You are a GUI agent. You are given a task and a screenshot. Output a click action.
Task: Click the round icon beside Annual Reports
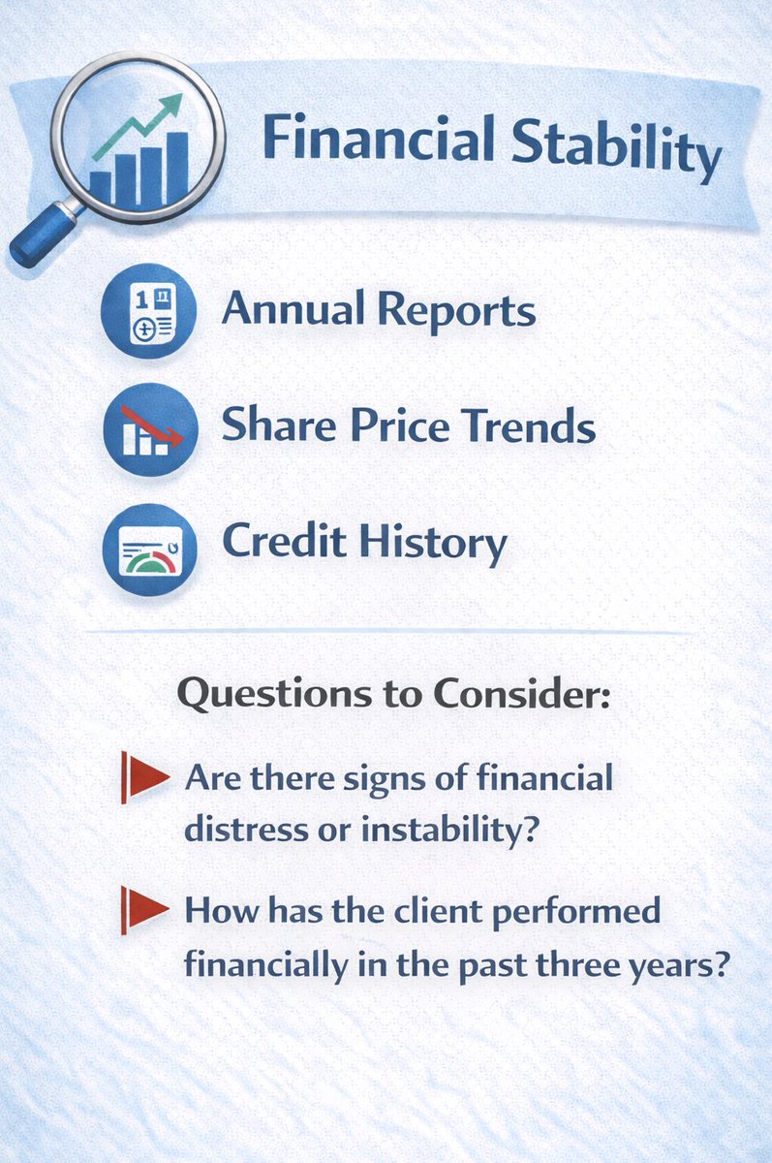point(150,311)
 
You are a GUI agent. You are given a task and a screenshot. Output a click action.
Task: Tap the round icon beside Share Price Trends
point(150,427)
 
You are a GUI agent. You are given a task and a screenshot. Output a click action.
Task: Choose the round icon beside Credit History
point(150,549)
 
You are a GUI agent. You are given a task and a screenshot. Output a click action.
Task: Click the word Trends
point(528,426)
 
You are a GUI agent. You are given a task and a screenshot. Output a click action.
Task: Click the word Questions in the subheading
point(290,696)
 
